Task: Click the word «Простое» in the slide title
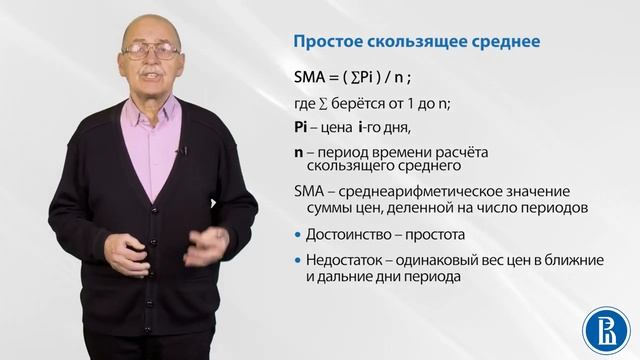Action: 322,43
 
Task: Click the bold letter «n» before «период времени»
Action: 297,153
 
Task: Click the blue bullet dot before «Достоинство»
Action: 297,236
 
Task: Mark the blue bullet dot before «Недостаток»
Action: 297,262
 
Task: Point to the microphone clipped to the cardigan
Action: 182,152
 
